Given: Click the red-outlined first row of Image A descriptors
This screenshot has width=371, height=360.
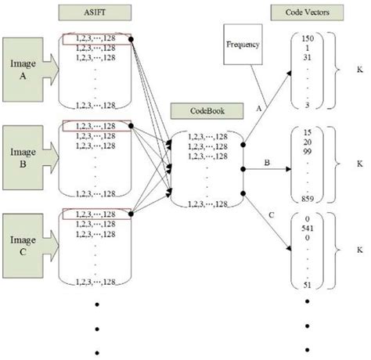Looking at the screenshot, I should (95, 38).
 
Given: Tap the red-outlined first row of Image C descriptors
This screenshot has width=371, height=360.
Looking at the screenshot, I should (95, 213).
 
